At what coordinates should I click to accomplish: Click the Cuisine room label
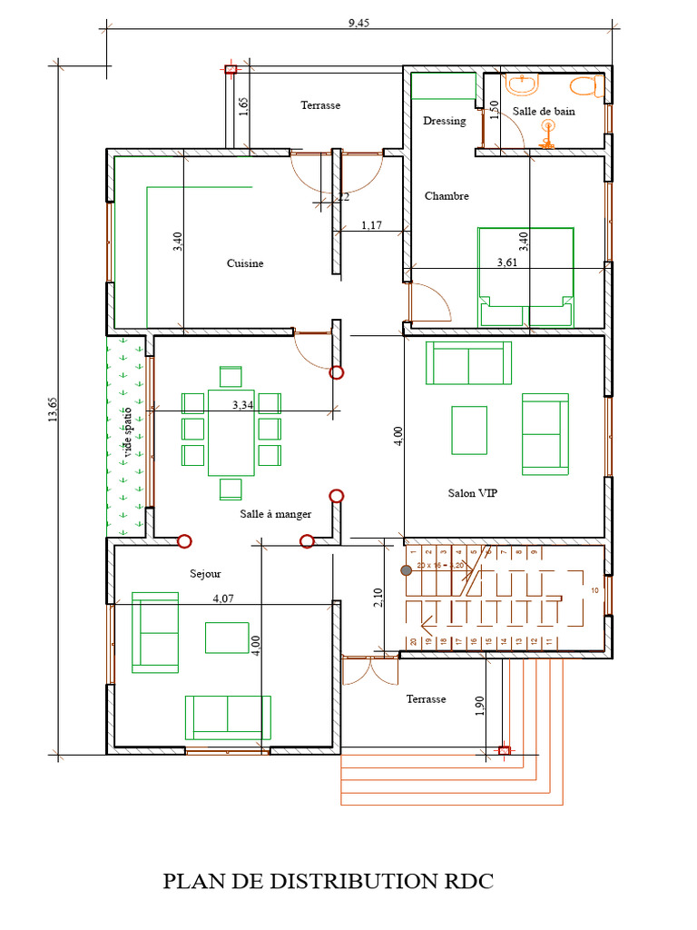(245, 263)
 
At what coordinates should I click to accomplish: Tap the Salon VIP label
(472, 493)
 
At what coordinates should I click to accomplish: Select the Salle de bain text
(544, 111)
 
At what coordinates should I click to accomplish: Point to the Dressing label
(445, 121)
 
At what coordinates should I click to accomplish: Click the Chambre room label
(447, 196)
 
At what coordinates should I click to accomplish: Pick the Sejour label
(205, 574)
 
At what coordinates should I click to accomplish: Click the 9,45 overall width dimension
(358, 24)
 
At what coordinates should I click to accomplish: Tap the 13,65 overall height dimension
(53, 411)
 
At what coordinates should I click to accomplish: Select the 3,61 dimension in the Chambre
(508, 262)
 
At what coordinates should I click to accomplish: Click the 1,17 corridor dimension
(371, 224)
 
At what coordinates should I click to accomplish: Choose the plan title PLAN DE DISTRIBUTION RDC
(329, 881)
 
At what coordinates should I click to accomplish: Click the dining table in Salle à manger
(231, 432)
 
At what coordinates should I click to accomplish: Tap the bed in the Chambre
(525, 277)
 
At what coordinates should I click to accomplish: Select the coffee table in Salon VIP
(469, 430)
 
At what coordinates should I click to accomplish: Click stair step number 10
(594, 590)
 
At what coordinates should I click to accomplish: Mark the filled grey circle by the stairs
(407, 570)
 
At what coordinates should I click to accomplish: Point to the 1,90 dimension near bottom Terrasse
(481, 706)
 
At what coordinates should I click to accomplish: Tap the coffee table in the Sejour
(227, 638)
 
